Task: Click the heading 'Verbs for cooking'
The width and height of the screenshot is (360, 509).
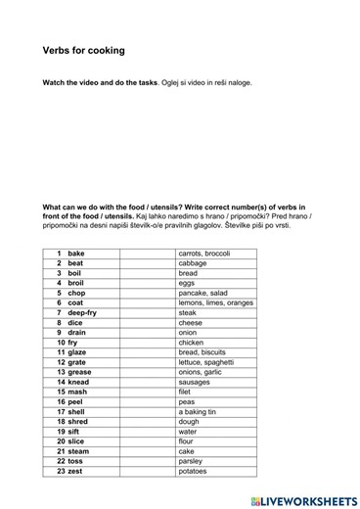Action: [83, 50]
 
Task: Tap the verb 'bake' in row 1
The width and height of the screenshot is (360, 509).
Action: [75, 254]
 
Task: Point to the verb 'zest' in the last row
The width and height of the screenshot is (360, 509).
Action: [75, 471]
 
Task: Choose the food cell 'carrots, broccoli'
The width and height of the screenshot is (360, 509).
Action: [203, 254]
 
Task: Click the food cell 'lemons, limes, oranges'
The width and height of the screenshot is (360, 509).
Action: [215, 302]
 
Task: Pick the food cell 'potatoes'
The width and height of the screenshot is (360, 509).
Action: [194, 471]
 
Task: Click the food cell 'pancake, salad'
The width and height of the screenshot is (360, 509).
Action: [202, 293]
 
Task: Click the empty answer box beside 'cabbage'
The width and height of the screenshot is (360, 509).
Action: [146, 263]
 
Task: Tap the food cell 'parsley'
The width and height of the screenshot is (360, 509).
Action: [192, 461]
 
